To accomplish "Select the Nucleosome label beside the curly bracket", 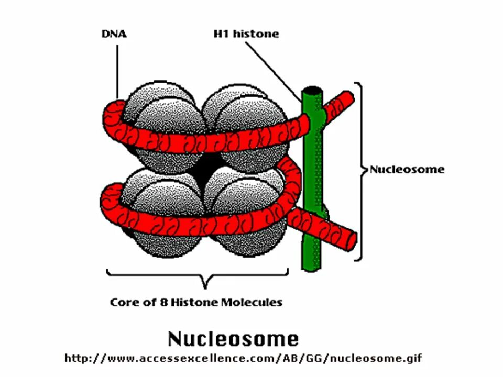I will pos(407,169).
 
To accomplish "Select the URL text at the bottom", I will pos(243,359).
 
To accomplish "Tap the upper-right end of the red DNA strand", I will pos(346,97).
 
